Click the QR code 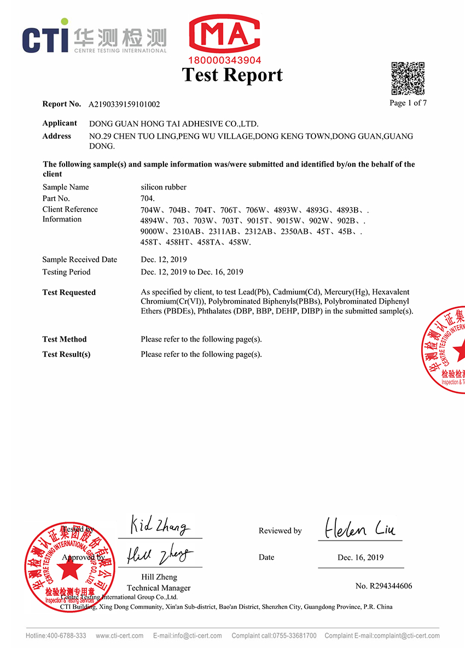pyautogui.click(x=408, y=79)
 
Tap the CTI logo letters pyautogui.click(x=45, y=38)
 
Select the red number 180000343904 pyautogui.click(x=224, y=60)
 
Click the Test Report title pyautogui.click(x=232, y=75)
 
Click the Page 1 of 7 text pyautogui.click(x=408, y=103)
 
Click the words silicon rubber pyautogui.click(x=164, y=187)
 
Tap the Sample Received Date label pyautogui.click(x=80, y=260)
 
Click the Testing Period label pyautogui.click(x=66, y=272)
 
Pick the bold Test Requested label pyautogui.click(x=69, y=292)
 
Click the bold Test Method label pyautogui.click(x=65, y=339)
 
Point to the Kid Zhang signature pyautogui.click(x=160, y=526)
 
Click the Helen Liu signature pyautogui.click(x=359, y=527)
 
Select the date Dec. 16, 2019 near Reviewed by pyautogui.click(x=361, y=558)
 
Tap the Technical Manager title pyautogui.click(x=159, y=588)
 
